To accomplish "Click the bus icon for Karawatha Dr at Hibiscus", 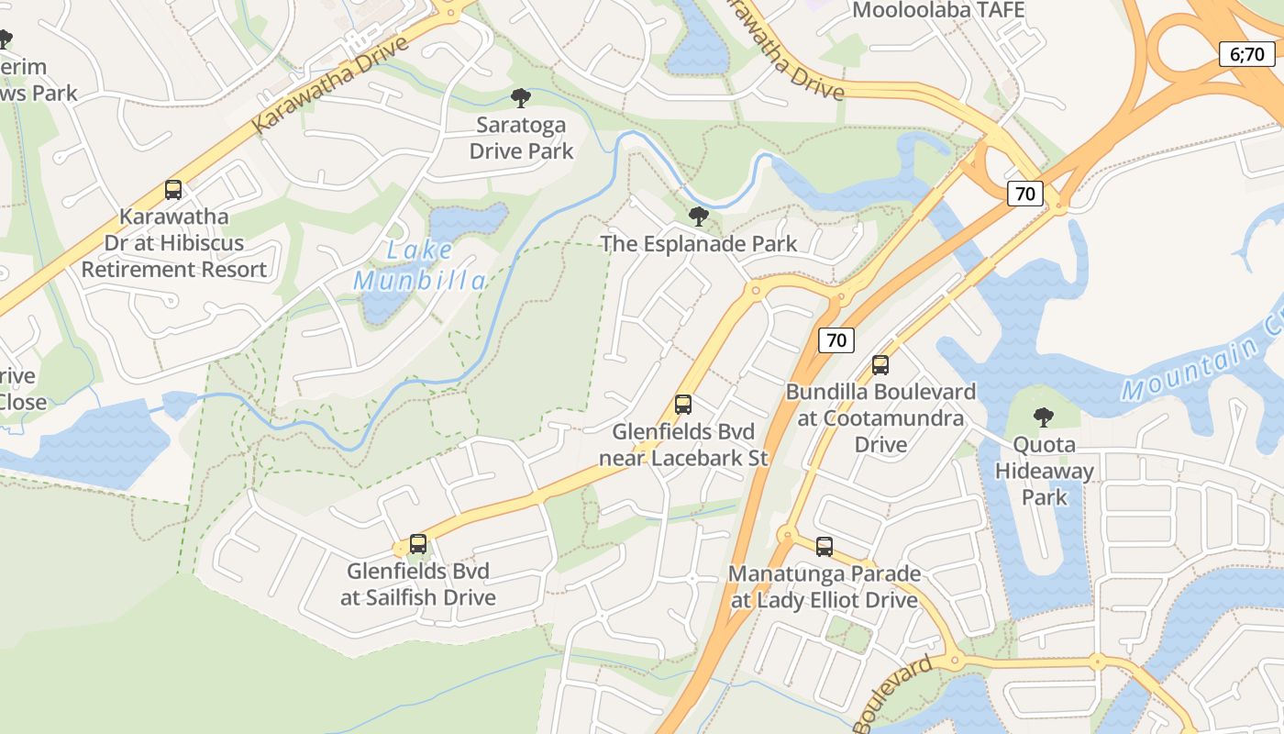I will pyautogui.click(x=173, y=190).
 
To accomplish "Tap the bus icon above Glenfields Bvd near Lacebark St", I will pyautogui.click(x=682, y=405).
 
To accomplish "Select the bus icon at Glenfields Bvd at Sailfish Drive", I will pyautogui.click(x=418, y=544).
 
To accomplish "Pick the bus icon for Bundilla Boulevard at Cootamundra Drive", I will pyautogui.click(x=880, y=365).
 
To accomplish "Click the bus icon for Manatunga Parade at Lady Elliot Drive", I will pyautogui.click(x=825, y=547).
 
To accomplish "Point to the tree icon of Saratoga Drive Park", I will pyautogui.click(x=521, y=98).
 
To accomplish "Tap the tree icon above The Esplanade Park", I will pyautogui.click(x=698, y=217).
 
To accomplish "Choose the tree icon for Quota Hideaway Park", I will pyautogui.click(x=1044, y=417).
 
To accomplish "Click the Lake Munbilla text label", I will pyautogui.click(x=419, y=265).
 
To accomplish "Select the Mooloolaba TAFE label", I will pyautogui.click(x=938, y=10).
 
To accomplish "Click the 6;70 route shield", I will pyautogui.click(x=1246, y=54).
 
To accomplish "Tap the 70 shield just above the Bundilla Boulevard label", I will pyautogui.click(x=836, y=340).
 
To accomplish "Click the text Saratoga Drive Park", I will pyautogui.click(x=521, y=138).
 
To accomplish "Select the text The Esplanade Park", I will pyautogui.click(x=698, y=243).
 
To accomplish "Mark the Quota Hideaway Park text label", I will pyautogui.click(x=1045, y=471).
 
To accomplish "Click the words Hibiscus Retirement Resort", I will pyautogui.click(x=174, y=257).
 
